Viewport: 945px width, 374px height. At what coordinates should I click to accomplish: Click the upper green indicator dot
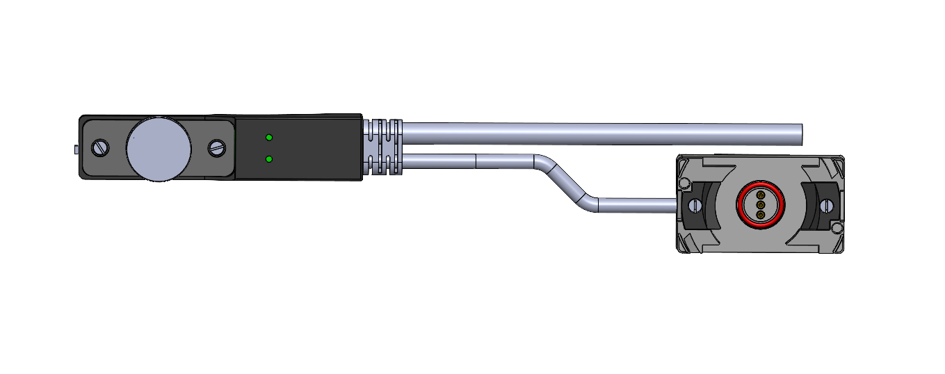pos(269,138)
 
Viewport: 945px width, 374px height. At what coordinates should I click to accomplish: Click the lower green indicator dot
pos(269,159)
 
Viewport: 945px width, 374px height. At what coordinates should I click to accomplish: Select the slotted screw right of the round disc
pos(218,147)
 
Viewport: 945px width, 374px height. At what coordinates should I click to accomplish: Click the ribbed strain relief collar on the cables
pos(383,147)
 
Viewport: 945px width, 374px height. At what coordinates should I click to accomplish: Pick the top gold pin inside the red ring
pos(760,196)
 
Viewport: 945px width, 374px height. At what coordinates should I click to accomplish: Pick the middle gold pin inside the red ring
pos(760,205)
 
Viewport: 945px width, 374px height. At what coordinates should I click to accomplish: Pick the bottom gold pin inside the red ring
pos(760,215)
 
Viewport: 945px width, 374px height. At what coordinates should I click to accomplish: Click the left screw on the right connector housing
pos(695,206)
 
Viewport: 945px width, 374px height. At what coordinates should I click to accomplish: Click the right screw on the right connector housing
pos(826,206)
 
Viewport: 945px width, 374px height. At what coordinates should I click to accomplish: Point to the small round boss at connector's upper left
pos(684,183)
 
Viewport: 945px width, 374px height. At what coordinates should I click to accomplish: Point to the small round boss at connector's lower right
pos(837,228)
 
